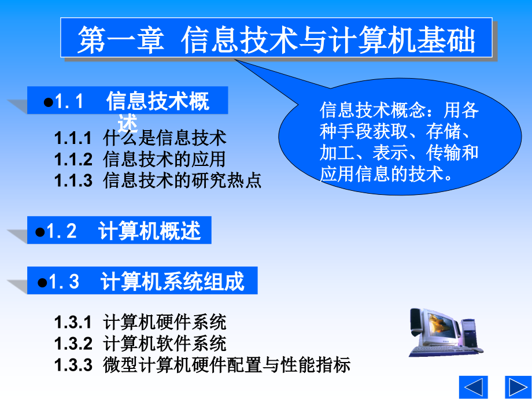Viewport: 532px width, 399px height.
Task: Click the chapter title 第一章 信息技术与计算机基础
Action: click(276, 39)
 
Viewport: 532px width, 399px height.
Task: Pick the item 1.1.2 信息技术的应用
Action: click(140, 159)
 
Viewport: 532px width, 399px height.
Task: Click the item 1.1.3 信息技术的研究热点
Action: click(158, 180)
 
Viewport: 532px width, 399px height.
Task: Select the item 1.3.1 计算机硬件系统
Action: click(140, 322)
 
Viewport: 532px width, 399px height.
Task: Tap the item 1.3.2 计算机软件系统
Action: click(140, 343)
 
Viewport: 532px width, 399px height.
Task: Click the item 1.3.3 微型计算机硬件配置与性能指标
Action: click(202, 365)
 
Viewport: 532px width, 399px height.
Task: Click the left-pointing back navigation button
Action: click(473, 386)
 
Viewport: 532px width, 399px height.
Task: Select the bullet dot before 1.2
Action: click(40, 232)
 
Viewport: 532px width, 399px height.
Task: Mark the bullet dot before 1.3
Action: click(42, 282)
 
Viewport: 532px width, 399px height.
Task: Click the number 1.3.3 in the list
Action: click(73, 365)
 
